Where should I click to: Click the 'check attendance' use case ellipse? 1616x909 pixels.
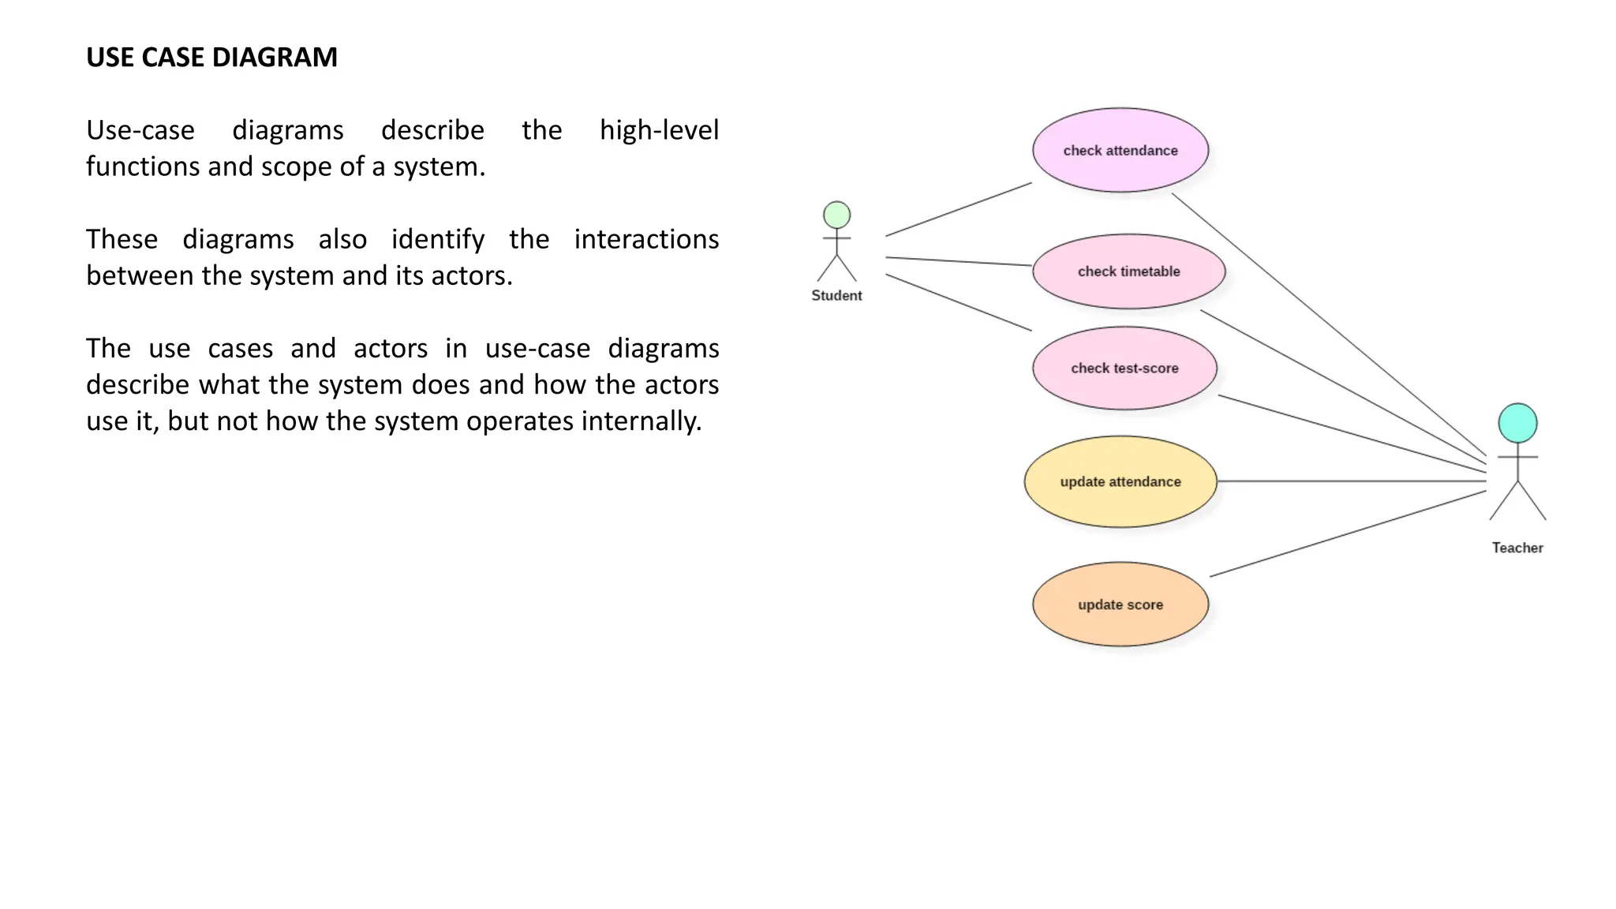pos(1120,150)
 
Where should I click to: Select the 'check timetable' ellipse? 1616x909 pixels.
pos(1128,271)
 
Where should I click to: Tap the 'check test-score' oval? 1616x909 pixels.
pos(1124,368)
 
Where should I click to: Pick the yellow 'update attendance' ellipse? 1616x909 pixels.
pos(1120,481)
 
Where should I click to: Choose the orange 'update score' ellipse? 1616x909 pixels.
pos(1120,604)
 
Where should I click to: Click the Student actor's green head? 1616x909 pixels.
pos(836,215)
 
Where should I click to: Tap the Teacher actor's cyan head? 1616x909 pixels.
pos(1517,423)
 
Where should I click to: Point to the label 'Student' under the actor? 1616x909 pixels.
pos(836,295)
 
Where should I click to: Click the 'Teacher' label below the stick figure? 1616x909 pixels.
pos(1517,548)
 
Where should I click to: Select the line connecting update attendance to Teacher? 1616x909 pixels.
pos(1349,481)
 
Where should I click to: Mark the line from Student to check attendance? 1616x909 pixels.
pos(958,209)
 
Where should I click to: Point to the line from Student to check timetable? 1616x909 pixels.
pos(958,261)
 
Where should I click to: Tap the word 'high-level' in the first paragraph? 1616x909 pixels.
pos(659,130)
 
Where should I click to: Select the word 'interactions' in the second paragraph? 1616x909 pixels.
pos(646,239)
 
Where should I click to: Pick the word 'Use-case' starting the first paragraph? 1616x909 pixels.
pos(140,130)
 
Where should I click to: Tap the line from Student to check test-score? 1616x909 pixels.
pos(958,302)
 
